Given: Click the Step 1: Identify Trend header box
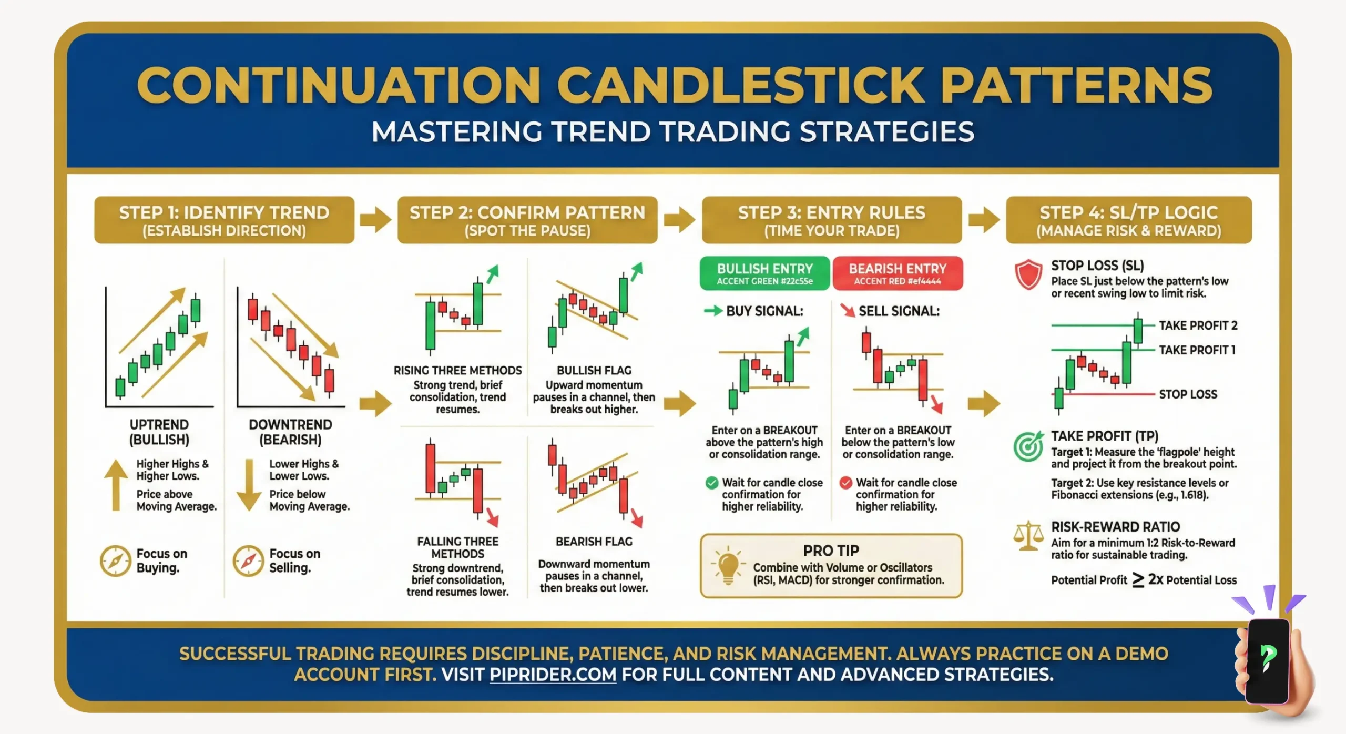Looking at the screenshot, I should (x=224, y=220).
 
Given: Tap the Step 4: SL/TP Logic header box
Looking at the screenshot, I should (x=1128, y=220).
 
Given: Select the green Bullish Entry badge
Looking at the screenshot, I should (x=764, y=273).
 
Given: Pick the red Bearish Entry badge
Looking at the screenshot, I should (x=897, y=273).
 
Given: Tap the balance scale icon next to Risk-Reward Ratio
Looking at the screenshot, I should (x=1028, y=536).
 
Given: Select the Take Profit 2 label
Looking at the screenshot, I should (x=1198, y=325).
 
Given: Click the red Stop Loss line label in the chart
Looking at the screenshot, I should (x=1188, y=394).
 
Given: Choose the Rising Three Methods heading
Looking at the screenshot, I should (x=457, y=371).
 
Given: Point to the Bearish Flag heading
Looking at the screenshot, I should (x=594, y=542).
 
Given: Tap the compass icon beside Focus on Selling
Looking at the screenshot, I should (x=248, y=561).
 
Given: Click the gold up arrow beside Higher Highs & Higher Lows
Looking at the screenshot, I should (x=116, y=485).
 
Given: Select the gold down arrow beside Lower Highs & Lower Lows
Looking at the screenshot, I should (x=249, y=485).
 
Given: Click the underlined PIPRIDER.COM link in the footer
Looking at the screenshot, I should (x=553, y=675).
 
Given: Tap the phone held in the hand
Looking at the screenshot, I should (x=1267, y=660).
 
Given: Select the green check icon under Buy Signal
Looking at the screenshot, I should (x=711, y=483).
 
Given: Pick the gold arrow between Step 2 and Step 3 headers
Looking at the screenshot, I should (x=679, y=220).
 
